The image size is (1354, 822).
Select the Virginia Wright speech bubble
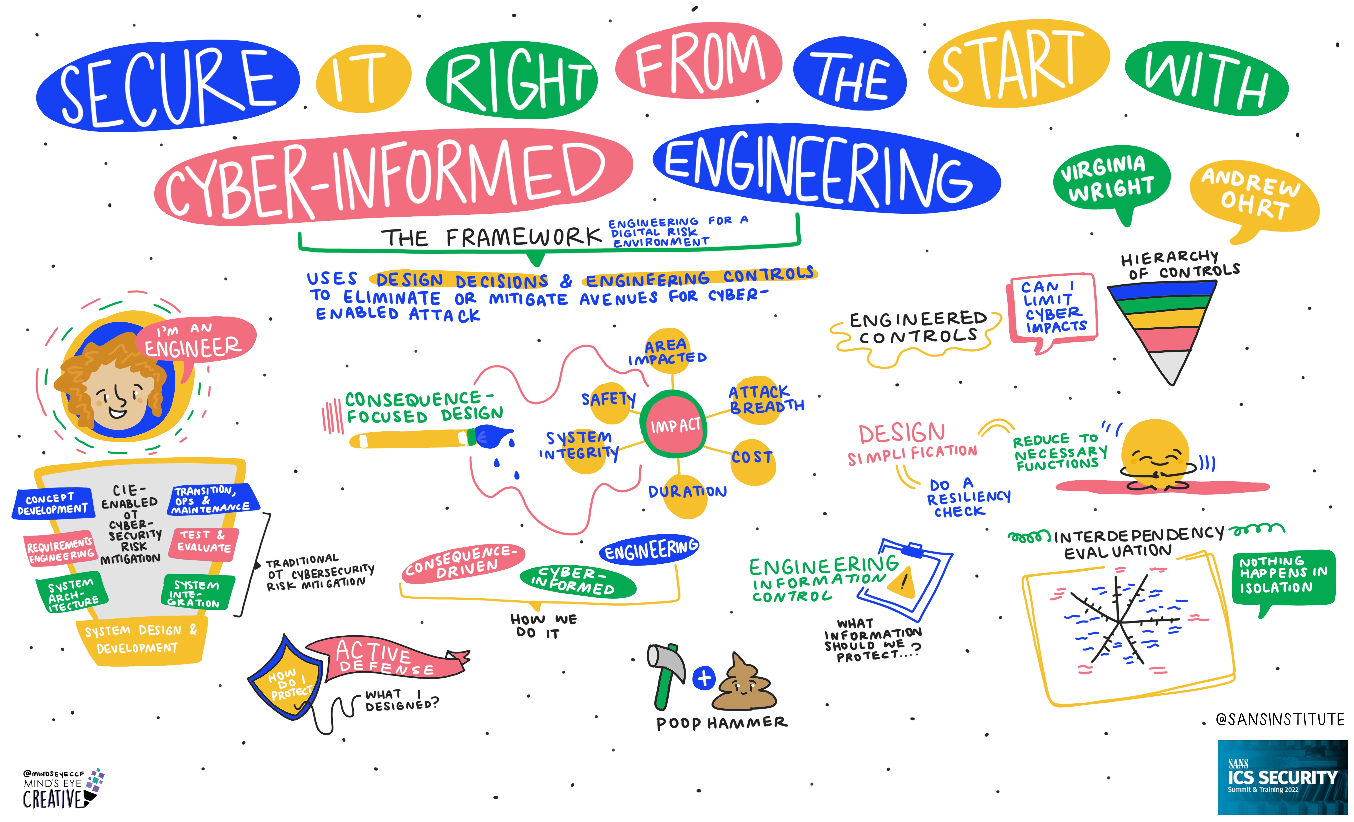pyautogui.click(x=1111, y=181)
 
